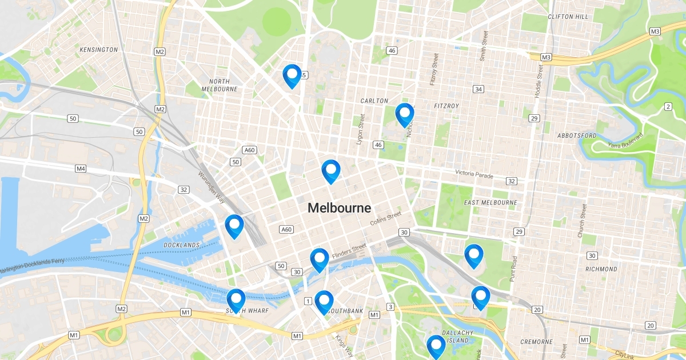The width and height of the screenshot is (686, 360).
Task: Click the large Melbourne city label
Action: pyautogui.click(x=339, y=208)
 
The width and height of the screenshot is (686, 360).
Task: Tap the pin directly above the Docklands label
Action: pyautogui.click(x=234, y=226)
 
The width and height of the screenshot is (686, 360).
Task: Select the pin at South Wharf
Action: pyautogui.click(x=236, y=301)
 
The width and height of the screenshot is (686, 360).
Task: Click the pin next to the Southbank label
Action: pyautogui.click(x=324, y=302)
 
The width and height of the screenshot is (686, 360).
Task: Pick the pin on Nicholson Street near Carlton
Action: pyautogui.click(x=405, y=115)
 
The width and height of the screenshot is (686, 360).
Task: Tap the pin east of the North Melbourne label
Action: pyautogui.click(x=292, y=76)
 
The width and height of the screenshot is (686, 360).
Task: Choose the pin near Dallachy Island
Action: pyautogui.click(x=436, y=346)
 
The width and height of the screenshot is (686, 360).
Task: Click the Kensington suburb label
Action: pyautogui.click(x=99, y=50)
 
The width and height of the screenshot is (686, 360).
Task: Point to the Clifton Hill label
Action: pyautogui.click(x=568, y=17)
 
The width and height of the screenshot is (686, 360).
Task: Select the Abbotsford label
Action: pyautogui.click(x=577, y=135)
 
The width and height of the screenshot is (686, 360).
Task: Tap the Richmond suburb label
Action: pyautogui.click(x=601, y=269)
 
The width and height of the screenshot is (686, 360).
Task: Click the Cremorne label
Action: pyautogui.click(x=536, y=342)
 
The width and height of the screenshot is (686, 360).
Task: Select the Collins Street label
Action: pyautogui.click(x=386, y=218)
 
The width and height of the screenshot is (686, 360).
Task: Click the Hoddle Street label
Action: pyautogui.click(x=539, y=80)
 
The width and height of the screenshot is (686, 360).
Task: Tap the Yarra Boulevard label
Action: pyautogui.click(x=625, y=141)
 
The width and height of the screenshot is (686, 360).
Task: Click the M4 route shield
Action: pyautogui.click(x=81, y=169)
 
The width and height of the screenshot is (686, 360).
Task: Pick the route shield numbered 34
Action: pyautogui.click(x=478, y=89)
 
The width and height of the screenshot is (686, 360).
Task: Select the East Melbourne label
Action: pyautogui.click(x=490, y=202)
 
